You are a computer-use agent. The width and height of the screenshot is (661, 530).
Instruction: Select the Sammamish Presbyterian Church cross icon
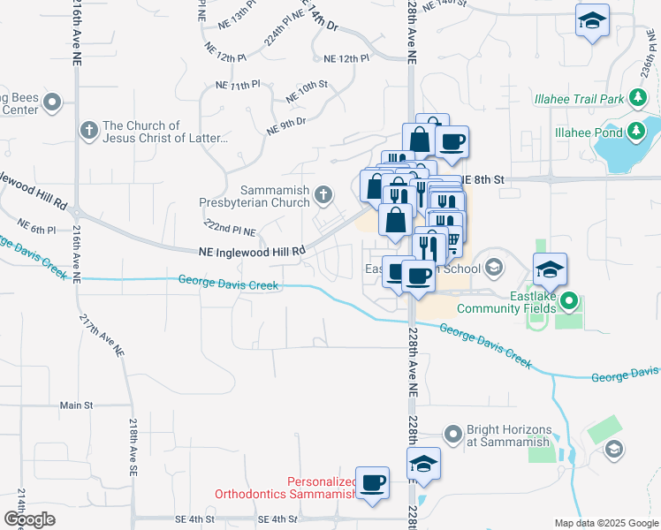pos(325,193)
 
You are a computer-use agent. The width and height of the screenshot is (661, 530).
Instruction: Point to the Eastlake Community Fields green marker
pos(569,301)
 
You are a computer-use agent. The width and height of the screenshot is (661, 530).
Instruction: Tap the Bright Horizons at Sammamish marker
pos(453,435)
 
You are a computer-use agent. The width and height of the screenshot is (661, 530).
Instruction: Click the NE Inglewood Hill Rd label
pos(252,251)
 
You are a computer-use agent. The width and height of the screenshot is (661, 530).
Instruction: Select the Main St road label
pos(76,405)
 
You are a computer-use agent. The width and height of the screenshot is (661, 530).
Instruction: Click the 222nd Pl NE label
pos(230,229)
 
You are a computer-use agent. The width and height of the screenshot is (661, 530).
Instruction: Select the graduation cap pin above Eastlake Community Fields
pos(550,269)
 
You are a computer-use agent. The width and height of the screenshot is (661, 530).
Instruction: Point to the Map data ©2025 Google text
pos(605,523)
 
